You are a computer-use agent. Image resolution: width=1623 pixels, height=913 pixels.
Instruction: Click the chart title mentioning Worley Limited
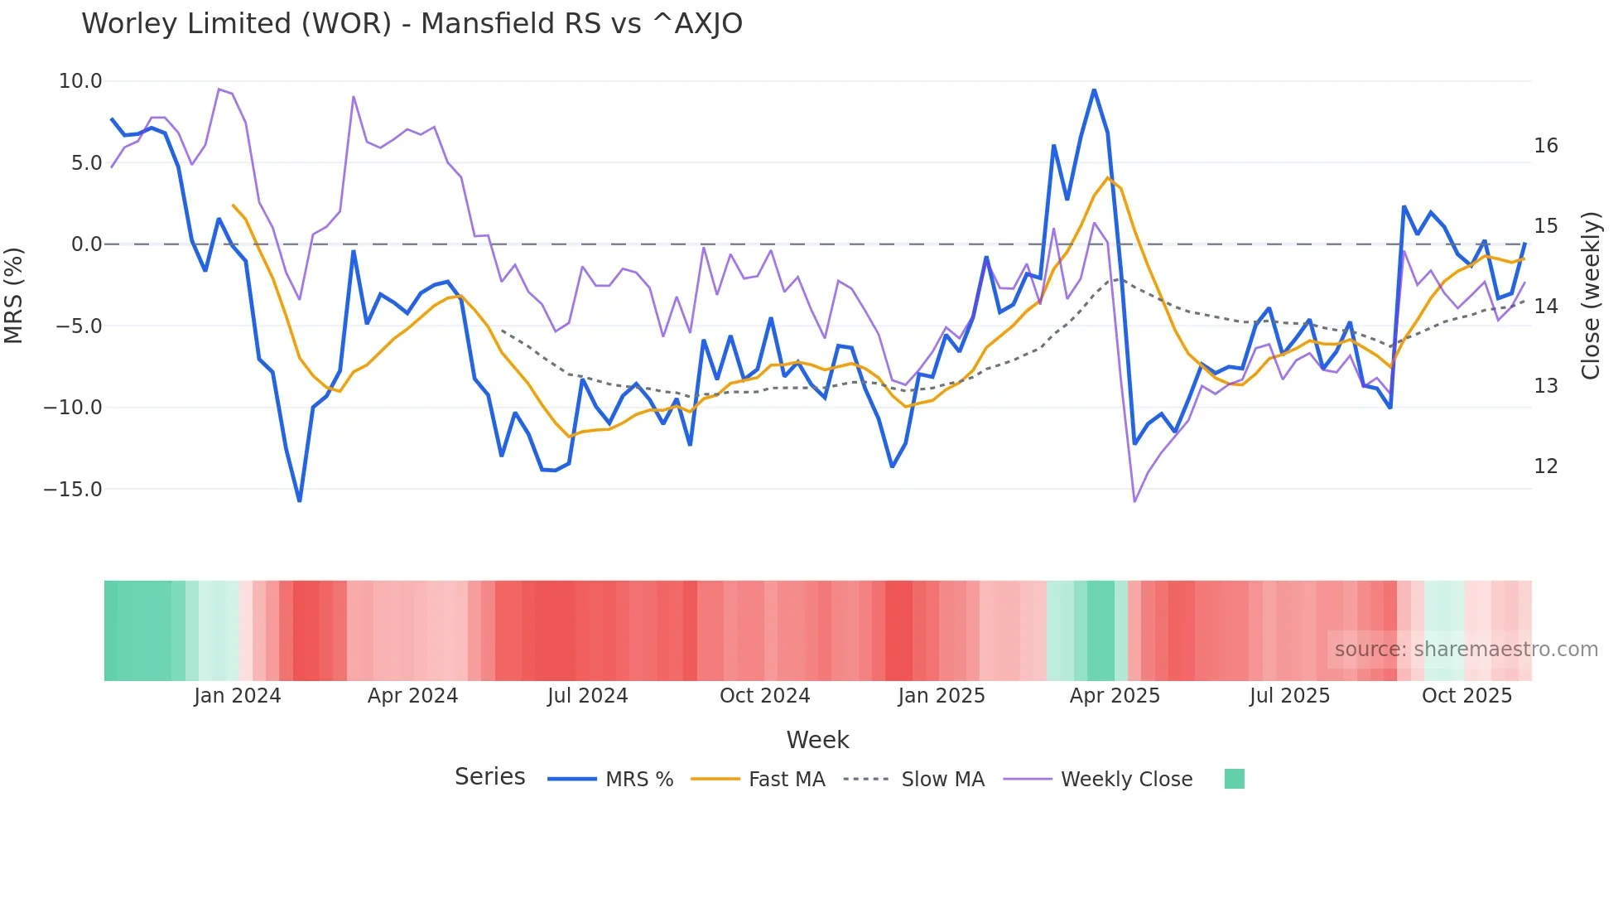pyautogui.click(x=412, y=23)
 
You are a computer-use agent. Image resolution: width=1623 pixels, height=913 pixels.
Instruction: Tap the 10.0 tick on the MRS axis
pyautogui.click(x=79, y=81)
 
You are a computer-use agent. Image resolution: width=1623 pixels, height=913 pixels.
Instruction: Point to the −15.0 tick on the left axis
pyautogui.click(x=73, y=490)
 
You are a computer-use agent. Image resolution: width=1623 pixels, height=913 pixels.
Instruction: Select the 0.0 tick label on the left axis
pyautogui.click(x=86, y=244)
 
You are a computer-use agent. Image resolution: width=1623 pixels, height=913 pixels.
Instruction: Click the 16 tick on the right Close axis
pyautogui.click(x=1545, y=146)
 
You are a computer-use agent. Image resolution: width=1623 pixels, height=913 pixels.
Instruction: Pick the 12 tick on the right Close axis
pyautogui.click(x=1545, y=466)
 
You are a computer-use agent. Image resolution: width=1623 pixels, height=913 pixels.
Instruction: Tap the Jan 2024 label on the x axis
pyautogui.click(x=238, y=696)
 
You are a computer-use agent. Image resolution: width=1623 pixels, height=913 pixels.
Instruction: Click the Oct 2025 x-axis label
pyautogui.click(x=1466, y=696)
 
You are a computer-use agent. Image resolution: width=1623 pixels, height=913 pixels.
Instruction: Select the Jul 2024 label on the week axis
pyautogui.click(x=587, y=696)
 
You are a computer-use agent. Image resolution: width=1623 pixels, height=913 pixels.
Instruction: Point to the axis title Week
pyautogui.click(x=817, y=740)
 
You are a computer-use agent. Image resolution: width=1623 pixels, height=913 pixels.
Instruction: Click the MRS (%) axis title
pyautogui.click(x=14, y=295)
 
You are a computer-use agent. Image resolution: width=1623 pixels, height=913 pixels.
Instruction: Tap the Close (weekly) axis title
pyautogui.click(x=1591, y=296)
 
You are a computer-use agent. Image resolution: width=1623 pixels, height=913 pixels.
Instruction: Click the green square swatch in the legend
pyautogui.click(x=1234, y=779)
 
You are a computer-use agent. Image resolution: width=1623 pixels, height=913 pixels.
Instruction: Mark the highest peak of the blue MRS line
pyautogui.click(x=1094, y=90)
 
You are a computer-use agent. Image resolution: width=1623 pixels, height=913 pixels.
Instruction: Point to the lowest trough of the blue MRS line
pyautogui.click(x=300, y=500)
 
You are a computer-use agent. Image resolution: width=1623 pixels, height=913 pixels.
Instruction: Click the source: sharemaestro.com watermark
pyautogui.click(x=1466, y=650)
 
